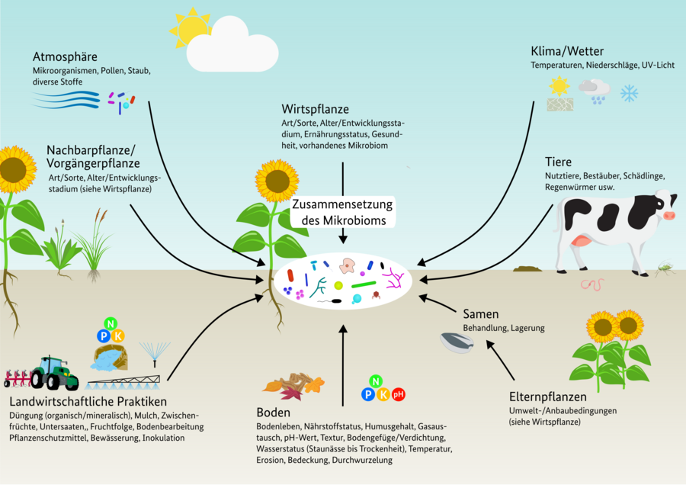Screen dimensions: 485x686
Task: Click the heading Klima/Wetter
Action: point(567,51)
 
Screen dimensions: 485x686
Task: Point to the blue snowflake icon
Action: point(629,94)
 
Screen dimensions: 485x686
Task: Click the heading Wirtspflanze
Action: point(313,108)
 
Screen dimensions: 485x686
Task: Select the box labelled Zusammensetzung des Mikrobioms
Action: point(343,213)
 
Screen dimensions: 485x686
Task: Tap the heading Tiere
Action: point(558,162)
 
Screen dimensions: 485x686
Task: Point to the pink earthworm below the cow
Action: point(592,285)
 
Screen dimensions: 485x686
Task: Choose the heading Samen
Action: point(480,313)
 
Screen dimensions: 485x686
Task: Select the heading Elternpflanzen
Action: point(547,397)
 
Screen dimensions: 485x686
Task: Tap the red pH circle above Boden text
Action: point(398,394)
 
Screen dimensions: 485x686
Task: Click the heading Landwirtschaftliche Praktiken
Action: point(88,401)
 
